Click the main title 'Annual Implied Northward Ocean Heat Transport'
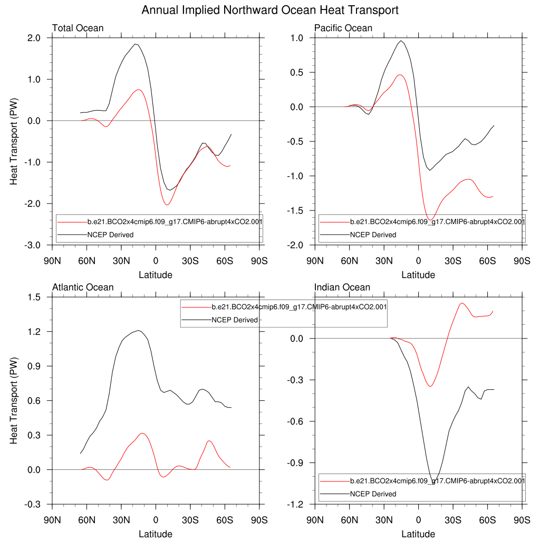[270, 10]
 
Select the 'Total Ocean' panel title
[78, 28]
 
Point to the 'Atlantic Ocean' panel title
[83, 287]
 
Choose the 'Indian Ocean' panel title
[342, 287]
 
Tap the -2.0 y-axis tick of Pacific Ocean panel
[296, 245]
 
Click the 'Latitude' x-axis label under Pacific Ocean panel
[418, 275]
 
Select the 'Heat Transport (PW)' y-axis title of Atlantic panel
[14, 401]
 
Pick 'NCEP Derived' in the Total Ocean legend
[110, 235]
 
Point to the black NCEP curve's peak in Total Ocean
[136, 44]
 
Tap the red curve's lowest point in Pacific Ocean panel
[430, 219]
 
